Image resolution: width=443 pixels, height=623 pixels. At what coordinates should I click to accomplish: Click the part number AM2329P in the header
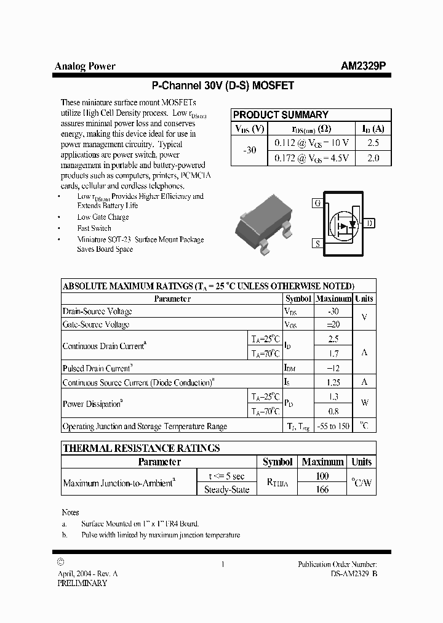[x=364, y=66]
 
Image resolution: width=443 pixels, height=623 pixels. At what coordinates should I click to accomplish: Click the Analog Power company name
[x=85, y=66]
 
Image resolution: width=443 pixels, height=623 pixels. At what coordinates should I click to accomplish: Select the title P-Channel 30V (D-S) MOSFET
[x=223, y=86]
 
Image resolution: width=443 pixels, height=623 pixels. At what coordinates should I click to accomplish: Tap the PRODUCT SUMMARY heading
[x=281, y=115]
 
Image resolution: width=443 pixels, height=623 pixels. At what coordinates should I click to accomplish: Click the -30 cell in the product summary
[x=250, y=150]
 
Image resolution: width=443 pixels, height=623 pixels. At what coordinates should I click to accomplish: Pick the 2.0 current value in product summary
[x=373, y=158]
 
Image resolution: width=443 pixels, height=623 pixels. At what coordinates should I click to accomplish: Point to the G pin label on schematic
[x=317, y=203]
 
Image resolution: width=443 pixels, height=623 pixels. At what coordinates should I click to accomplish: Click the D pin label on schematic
[x=369, y=223]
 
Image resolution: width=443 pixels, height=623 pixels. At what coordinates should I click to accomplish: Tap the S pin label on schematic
[x=317, y=244]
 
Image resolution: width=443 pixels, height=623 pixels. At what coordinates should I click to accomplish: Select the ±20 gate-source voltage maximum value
[x=333, y=324]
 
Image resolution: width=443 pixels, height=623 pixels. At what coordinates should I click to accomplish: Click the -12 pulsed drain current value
[x=333, y=368]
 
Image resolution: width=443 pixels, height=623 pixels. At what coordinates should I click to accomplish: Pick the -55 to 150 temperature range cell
[x=333, y=426]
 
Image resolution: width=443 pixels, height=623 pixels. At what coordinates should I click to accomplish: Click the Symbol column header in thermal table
[x=277, y=462]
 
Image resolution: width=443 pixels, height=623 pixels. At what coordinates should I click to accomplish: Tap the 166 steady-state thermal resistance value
[x=322, y=489]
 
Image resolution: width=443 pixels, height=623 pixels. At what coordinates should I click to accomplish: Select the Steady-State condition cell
[x=227, y=489]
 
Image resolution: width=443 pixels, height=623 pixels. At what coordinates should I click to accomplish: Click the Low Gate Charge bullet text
[x=103, y=217]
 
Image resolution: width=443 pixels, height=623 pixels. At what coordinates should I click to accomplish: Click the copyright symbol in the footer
[x=60, y=561]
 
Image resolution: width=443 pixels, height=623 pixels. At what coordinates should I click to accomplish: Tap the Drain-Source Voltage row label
[x=96, y=311]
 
